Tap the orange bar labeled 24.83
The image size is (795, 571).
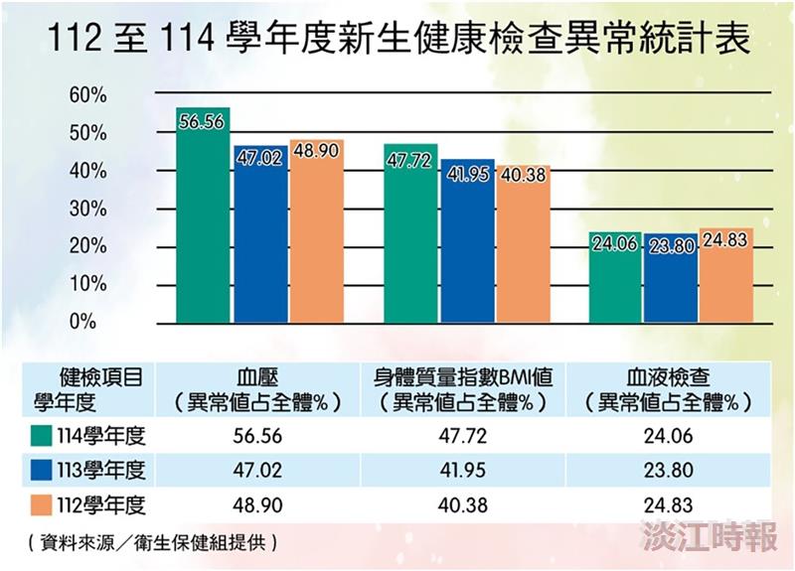pyautogui.click(x=725, y=276)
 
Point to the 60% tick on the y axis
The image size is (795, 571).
pyautogui.click(x=86, y=95)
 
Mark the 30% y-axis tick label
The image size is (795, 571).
pyautogui.click(x=86, y=209)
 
